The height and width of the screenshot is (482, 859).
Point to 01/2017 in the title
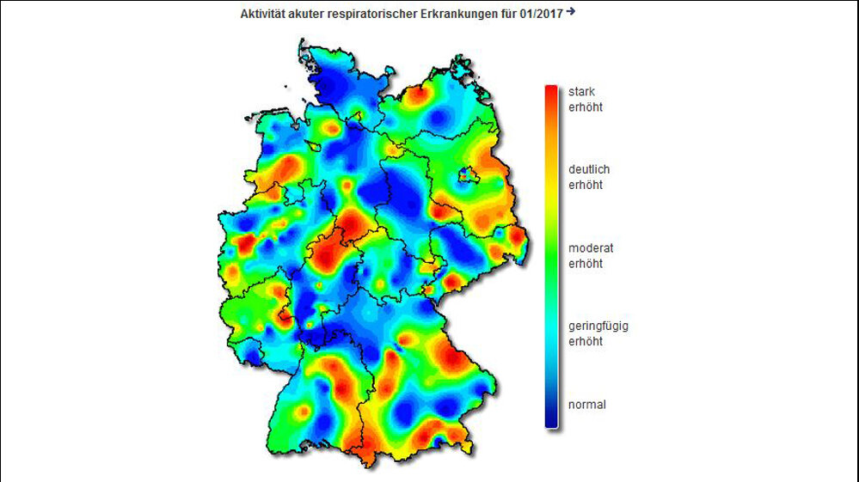tap(540, 15)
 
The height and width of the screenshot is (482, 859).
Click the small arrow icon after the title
tap(571, 12)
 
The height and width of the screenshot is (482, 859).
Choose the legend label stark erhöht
tap(583, 100)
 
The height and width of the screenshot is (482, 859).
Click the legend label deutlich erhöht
tap(589, 177)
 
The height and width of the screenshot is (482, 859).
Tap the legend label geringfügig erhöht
tap(598, 333)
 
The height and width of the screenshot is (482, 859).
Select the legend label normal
tap(587, 404)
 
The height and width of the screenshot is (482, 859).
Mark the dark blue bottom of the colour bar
tap(550, 421)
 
